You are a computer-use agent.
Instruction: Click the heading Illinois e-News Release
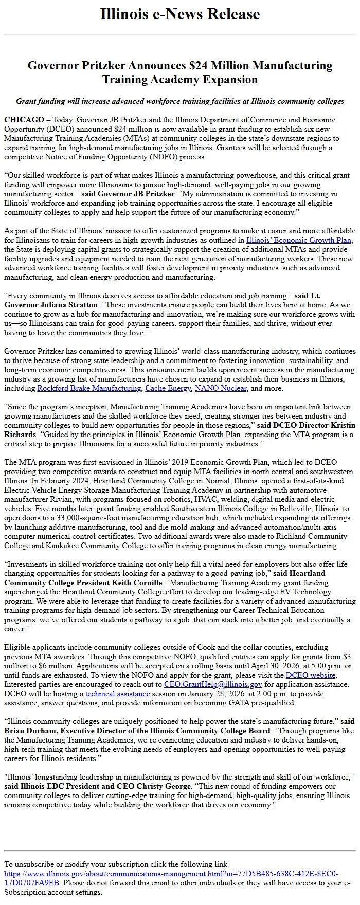coord(180,14)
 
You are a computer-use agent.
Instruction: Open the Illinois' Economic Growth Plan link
coord(299,240)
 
